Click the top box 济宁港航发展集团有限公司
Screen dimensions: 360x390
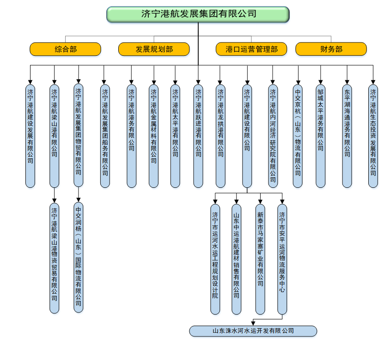click(198, 14)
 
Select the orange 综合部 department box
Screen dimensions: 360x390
click(65, 49)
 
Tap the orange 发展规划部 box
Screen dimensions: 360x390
click(154, 49)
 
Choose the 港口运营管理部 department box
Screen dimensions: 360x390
click(251, 49)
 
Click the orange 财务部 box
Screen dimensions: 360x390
click(331, 49)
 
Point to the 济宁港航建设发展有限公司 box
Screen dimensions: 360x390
click(30, 136)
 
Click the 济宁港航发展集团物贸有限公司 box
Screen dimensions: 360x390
click(79, 135)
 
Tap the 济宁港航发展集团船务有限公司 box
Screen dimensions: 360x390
click(105, 136)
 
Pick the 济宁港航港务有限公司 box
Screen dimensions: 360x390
click(131, 136)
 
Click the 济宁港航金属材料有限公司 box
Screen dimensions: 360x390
click(153, 136)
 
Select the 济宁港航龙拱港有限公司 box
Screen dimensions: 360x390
click(220, 136)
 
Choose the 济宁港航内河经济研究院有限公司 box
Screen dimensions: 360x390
click(273, 136)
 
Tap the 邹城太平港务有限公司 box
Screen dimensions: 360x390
click(320, 136)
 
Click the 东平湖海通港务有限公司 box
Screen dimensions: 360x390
click(347, 136)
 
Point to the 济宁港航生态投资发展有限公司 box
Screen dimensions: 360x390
click(373, 136)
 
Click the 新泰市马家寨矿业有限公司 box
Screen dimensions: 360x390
click(260, 258)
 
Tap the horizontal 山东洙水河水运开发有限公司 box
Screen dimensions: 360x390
click(253, 331)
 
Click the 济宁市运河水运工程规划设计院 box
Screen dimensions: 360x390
click(215, 258)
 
